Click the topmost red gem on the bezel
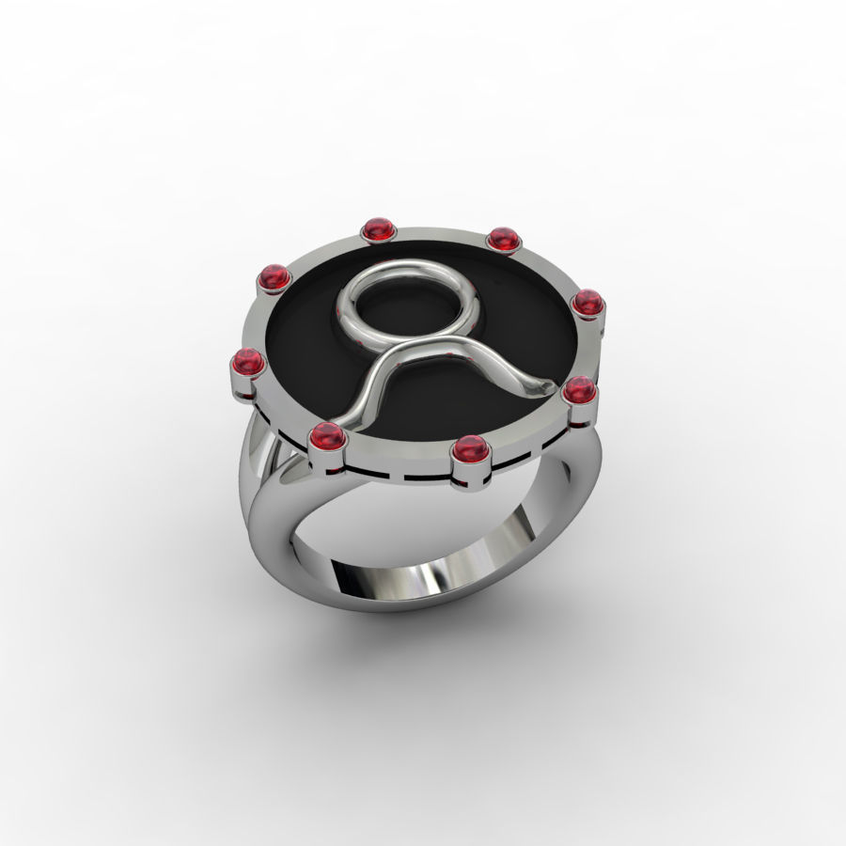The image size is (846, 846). (x=377, y=228)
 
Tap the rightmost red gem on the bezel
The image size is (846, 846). (x=587, y=302)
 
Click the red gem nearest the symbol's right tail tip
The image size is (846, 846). (x=578, y=388)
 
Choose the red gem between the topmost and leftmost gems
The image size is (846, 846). (x=274, y=277)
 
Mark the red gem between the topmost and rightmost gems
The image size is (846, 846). (x=504, y=240)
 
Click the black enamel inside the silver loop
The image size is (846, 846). (x=409, y=312)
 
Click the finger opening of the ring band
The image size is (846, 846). (x=414, y=526)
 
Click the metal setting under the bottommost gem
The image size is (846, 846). (x=471, y=475)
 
